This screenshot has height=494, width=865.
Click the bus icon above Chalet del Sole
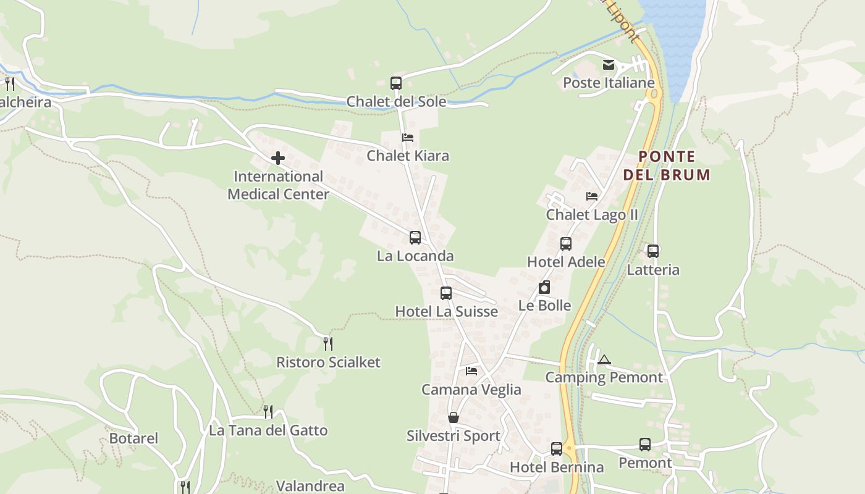[396, 83]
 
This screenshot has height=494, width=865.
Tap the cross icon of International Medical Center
[278, 158]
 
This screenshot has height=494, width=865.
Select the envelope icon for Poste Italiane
[609, 65]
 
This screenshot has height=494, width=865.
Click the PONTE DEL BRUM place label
[667, 165]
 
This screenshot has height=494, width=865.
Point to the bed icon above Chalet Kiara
[407, 137]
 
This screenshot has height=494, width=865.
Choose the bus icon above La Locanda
[415, 238]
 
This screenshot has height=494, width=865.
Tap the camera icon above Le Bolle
[544, 287]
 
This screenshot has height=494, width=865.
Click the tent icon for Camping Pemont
[604, 359]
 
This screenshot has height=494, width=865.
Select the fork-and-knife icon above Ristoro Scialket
[328, 343]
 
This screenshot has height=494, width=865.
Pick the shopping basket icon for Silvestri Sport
[454, 418]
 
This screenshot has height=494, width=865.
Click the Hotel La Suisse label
[446, 311]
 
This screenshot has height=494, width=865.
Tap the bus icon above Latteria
[653, 251]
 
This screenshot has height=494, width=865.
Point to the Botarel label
[133, 438]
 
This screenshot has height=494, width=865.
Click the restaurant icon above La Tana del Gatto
[268, 411]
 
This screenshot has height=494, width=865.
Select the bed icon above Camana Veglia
[471, 371]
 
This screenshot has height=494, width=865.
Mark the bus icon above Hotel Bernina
[557, 449]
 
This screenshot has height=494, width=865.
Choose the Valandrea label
[310, 486]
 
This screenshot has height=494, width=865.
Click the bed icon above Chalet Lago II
[592, 196]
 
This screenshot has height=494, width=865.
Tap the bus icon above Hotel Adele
[566, 244]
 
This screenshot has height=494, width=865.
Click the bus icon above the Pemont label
[645, 445]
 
